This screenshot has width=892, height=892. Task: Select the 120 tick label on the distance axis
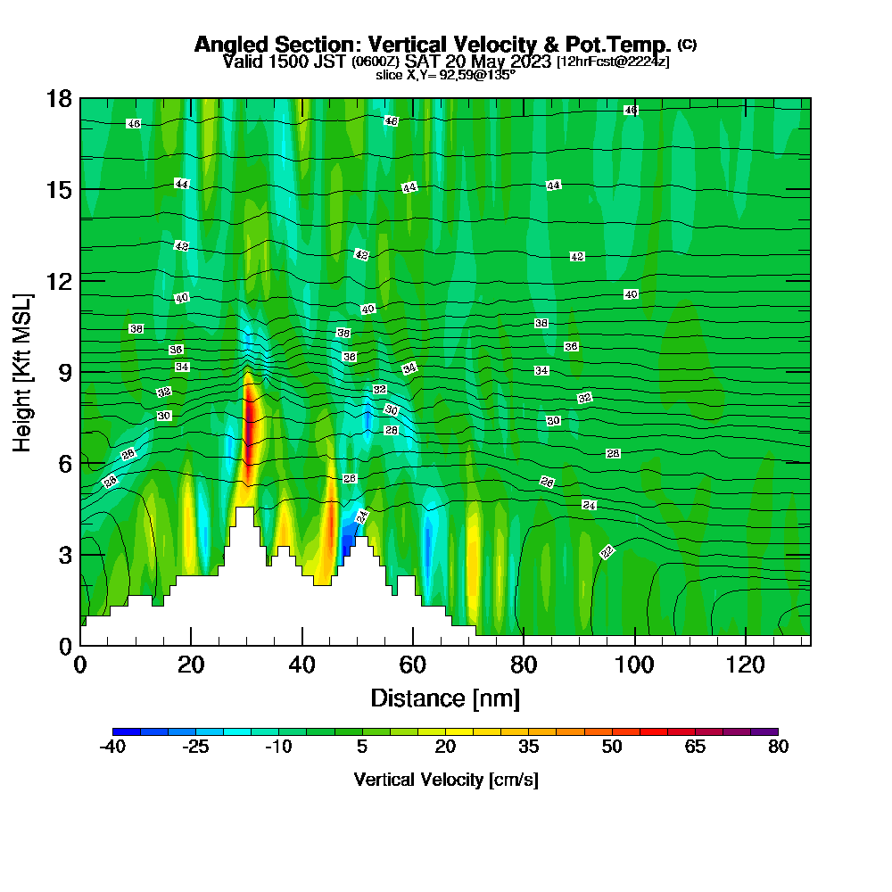[x=745, y=665]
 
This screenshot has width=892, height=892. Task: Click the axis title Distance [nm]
[x=445, y=698]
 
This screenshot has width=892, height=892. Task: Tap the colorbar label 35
[x=529, y=747]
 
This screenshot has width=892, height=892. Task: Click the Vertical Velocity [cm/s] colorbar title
[x=445, y=780]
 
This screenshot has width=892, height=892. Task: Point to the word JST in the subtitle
[x=328, y=62]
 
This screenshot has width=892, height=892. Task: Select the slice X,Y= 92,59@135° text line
[x=445, y=76]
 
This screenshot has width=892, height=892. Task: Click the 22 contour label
[x=607, y=552]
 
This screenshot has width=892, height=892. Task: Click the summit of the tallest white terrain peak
[x=244, y=508]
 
